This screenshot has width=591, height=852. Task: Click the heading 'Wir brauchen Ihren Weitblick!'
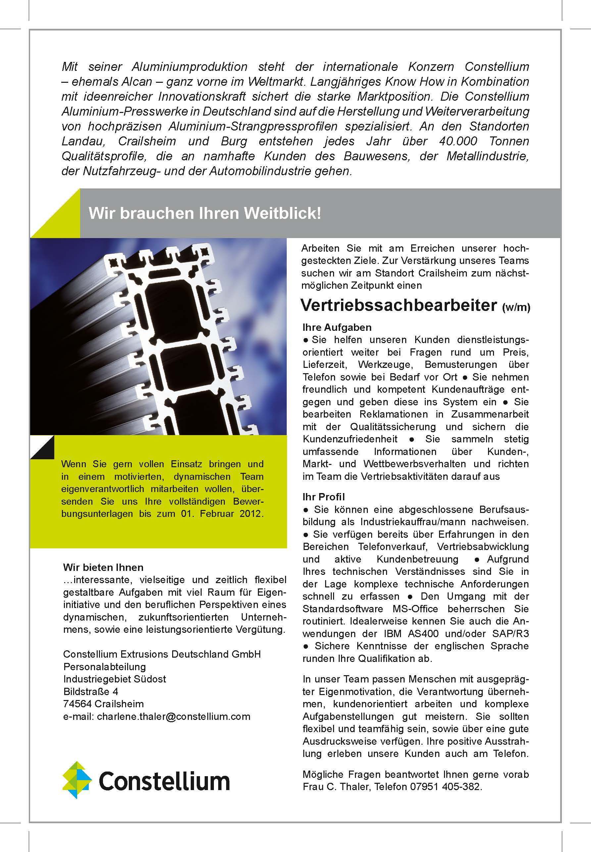[205, 213]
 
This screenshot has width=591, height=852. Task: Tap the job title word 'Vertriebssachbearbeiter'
[398, 305]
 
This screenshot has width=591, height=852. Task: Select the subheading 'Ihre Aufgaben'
[337, 327]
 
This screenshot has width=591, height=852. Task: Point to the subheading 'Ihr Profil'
[323, 497]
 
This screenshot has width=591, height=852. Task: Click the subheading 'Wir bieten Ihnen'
[103, 567]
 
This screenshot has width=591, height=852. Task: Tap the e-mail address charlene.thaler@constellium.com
[174, 717]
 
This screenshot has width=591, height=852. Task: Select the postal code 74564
[77, 704]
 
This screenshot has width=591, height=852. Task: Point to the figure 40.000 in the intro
[458, 141]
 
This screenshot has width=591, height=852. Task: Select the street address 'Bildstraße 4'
[90, 691]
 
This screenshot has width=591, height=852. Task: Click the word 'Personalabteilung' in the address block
[104, 667]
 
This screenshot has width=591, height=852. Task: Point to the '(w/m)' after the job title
[516, 307]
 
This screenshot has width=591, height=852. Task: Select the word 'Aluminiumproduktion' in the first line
[190, 67]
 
